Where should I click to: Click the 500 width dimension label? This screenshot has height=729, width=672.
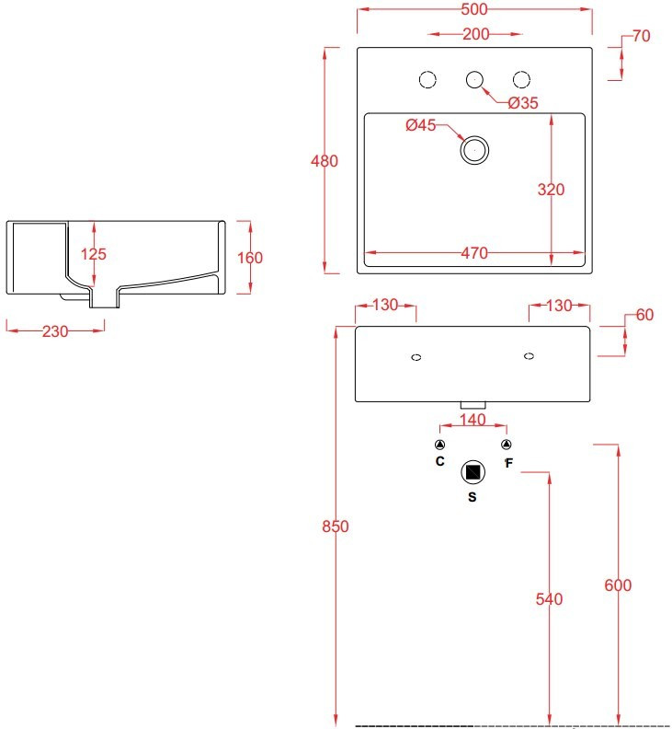coord(474,9)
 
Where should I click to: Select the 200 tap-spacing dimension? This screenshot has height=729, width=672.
coord(474,35)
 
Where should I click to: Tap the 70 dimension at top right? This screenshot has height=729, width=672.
coord(642,37)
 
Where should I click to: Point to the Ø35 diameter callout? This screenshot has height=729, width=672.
coord(522,102)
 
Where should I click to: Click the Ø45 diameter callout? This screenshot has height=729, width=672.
coord(420,125)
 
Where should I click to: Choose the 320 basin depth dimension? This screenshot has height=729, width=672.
coord(551,190)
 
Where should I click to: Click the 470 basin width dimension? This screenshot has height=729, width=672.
coord(474,253)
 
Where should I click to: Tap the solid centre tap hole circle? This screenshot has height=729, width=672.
coord(474,80)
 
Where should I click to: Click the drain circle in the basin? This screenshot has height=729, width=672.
coord(474,149)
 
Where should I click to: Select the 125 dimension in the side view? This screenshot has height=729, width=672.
coord(94,253)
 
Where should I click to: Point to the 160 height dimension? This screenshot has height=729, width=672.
coord(250,258)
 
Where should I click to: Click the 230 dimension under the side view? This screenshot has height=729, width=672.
coord(55,331)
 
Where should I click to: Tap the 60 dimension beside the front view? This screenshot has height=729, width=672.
coord(644,315)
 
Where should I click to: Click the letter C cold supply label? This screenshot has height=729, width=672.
coord(439,460)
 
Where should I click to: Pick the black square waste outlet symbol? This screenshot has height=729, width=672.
coord(473,472)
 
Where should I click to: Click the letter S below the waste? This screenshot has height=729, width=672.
coord(472,497)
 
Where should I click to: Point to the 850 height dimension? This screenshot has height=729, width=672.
coord(336,526)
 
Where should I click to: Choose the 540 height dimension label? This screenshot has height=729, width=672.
coord(549,599)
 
